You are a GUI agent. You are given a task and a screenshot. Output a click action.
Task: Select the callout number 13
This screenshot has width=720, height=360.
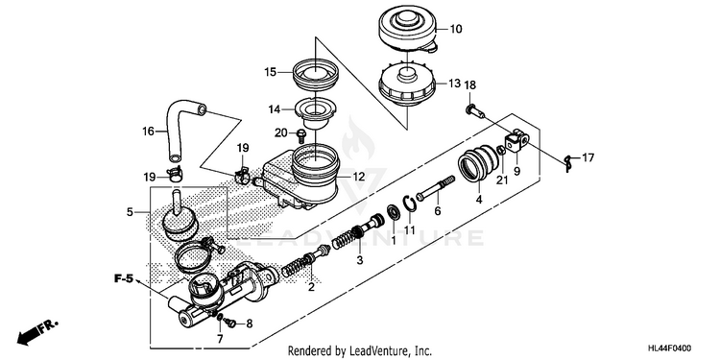click(x=454, y=84)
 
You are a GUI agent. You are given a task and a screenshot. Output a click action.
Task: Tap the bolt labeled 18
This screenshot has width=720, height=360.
click(x=474, y=110)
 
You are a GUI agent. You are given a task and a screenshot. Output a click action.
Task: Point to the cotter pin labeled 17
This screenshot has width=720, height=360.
click(x=569, y=161)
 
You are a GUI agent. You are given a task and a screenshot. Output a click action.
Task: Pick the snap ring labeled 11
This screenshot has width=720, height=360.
click(x=411, y=204)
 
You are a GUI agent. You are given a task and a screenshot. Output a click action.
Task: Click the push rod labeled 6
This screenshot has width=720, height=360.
click(x=435, y=188)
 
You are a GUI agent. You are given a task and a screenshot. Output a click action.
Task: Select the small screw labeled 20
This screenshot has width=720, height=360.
click(x=301, y=135)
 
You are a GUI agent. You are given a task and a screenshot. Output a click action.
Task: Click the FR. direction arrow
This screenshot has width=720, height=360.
click(x=37, y=332)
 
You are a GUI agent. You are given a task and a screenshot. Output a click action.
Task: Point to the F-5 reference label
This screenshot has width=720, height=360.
click(x=124, y=278)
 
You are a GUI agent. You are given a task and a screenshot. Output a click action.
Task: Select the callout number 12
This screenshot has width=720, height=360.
click(x=359, y=176)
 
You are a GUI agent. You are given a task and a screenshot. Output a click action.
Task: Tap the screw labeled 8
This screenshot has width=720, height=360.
click(x=231, y=324)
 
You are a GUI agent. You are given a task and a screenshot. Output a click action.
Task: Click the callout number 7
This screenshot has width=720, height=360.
click(x=220, y=339)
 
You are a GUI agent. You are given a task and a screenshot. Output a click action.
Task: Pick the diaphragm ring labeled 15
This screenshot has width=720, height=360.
click(x=316, y=76)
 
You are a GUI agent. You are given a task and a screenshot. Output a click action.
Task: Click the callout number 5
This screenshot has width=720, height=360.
click(x=130, y=212)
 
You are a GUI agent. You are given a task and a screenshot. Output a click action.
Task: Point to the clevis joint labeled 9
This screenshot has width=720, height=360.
click(x=517, y=140)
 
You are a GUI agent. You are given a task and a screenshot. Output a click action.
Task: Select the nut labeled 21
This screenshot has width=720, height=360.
click(x=501, y=151)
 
